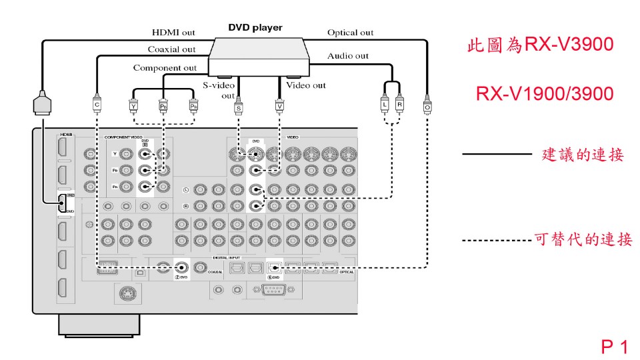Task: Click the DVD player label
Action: pos(255,28)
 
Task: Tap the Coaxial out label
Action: pos(171,49)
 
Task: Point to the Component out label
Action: pos(165,68)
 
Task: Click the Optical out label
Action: pos(350,33)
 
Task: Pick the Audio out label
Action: pos(348,56)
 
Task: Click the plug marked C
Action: pos(97,105)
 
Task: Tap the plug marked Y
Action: pos(133,105)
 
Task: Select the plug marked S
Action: pos(239,106)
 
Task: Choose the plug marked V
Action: pos(279,105)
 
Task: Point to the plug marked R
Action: pos(399,105)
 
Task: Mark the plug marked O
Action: pos(427,105)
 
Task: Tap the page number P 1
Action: pos(615,347)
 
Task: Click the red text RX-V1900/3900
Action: pos(545,94)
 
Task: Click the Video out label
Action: pos(306,85)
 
